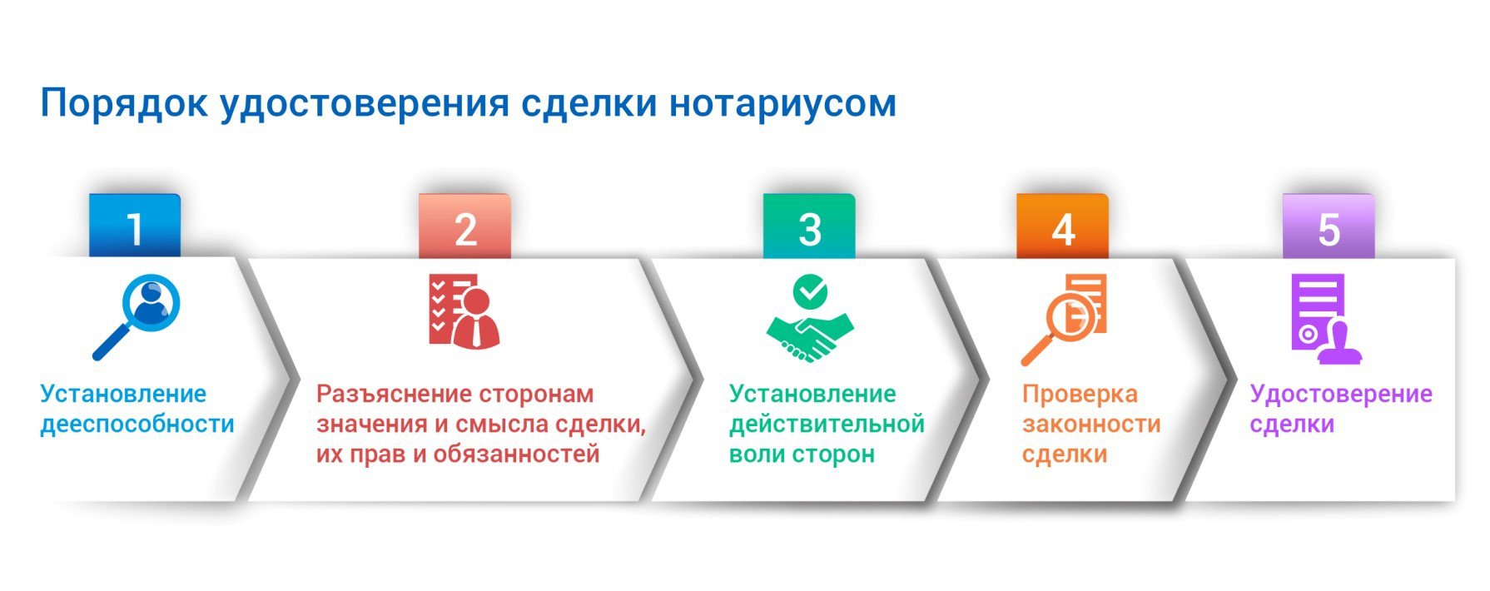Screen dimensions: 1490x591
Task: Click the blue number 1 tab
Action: [x=135, y=226]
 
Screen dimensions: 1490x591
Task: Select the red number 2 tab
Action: [x=464, y=226]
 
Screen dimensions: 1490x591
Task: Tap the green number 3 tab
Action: [x=809, y=226]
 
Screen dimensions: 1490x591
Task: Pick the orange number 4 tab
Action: [x=1062, y=226]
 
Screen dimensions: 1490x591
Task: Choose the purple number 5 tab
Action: [x=1329, y=226]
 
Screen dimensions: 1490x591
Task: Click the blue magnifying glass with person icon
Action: [x=137, y=318]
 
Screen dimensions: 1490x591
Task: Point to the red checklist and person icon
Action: [x=464, y=310]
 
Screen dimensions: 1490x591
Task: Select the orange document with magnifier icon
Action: [x=1064, y=320]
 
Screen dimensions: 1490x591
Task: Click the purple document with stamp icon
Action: [x=1326, y=319]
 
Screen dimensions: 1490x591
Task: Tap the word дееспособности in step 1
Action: [x=137, y=425]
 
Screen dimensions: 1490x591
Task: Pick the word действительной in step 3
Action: [x=827, y=425]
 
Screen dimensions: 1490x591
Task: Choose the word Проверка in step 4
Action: [x=1080, y=395]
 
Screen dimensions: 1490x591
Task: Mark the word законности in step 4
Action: [x=1091, y=425]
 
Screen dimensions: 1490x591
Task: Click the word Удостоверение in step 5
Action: [x=1341, y=395]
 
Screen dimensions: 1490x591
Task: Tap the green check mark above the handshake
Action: [x=810, y=291]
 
